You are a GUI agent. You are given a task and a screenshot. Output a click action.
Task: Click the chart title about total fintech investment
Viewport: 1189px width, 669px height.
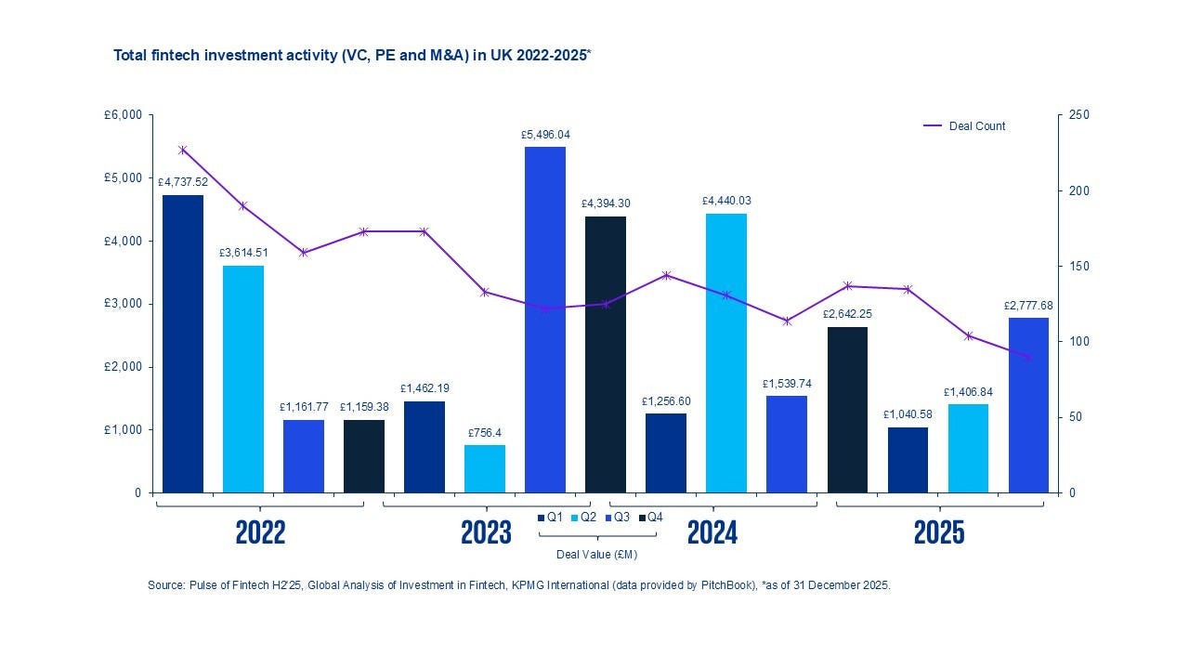pos(352,56)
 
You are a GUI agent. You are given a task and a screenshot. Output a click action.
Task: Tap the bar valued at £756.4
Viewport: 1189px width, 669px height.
pos(485,468)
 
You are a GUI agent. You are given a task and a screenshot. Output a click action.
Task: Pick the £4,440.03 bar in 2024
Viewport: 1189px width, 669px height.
pos(725,353)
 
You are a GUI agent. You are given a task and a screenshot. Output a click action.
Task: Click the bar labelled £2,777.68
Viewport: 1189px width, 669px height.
pos(1028,405)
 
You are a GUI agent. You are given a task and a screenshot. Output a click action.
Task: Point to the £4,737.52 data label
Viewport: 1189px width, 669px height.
pos(183,182)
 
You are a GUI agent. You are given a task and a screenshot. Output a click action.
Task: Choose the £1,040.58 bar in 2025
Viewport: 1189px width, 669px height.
pos(908,460)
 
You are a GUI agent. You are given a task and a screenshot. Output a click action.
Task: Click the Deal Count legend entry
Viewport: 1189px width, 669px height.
pos(976,126)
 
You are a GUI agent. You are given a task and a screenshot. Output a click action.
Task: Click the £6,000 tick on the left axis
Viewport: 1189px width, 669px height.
pos(123,115)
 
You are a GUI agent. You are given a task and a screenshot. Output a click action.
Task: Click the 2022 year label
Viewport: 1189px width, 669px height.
pos(260,533)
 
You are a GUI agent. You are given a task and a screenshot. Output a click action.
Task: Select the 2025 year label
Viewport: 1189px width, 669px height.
pos(939,533)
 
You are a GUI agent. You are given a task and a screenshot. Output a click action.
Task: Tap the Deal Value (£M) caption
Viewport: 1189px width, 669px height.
pos(596,555)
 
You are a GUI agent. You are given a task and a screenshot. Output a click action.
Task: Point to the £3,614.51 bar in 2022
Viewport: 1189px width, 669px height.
pos(243,379)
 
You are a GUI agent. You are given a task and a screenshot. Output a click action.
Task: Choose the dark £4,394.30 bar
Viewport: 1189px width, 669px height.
pos(606,354)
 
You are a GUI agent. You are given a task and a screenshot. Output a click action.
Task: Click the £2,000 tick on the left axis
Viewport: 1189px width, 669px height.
pos(123,367)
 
